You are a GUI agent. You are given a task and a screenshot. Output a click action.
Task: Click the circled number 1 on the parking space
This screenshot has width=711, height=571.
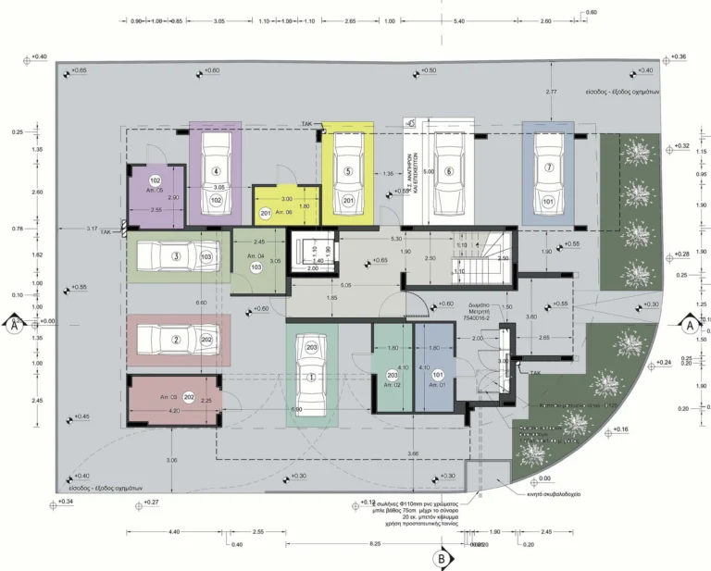pyautogui.click(x=311, y=378)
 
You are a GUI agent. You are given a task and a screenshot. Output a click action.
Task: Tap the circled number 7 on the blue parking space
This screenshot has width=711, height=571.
pyautogui.click(x=548, y=168)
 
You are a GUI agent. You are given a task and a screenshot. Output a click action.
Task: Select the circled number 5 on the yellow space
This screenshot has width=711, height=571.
pyautogui.click(x=348, y=171)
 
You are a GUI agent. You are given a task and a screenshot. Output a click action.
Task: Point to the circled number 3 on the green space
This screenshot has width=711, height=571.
pyautogui.click(x=175, y=256)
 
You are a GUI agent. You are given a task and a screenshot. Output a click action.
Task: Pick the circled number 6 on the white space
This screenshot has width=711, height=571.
pyautogui.click(x=448, y=171)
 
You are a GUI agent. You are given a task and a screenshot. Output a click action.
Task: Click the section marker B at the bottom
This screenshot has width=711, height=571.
pyautogui.click(x=442, y=558)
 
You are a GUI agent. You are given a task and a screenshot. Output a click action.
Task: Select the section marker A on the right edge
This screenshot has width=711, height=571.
pyautogui.click(x=689, y=325)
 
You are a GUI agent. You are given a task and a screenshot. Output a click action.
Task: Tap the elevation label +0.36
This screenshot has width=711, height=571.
pyautogui.click(x=678, y=57)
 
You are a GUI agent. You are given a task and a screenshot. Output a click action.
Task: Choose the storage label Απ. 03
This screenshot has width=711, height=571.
pyautogui.click(x=168, y=396)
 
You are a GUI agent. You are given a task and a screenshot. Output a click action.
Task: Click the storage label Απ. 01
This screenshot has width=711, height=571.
pyautogui.click(x=436, y=384)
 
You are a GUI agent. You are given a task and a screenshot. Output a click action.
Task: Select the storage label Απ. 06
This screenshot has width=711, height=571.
pyautogui.click(x=283, y=213)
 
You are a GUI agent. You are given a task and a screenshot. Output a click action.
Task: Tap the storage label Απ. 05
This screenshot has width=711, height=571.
pyautogui.click(x=155, y=191)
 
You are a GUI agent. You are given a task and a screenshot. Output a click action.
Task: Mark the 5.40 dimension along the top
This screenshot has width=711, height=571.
pyautogui.click(x=459, y=20)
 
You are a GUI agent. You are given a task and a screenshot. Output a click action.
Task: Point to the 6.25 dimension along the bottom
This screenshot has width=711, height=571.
pyautogui.click(x=375, y=544)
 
